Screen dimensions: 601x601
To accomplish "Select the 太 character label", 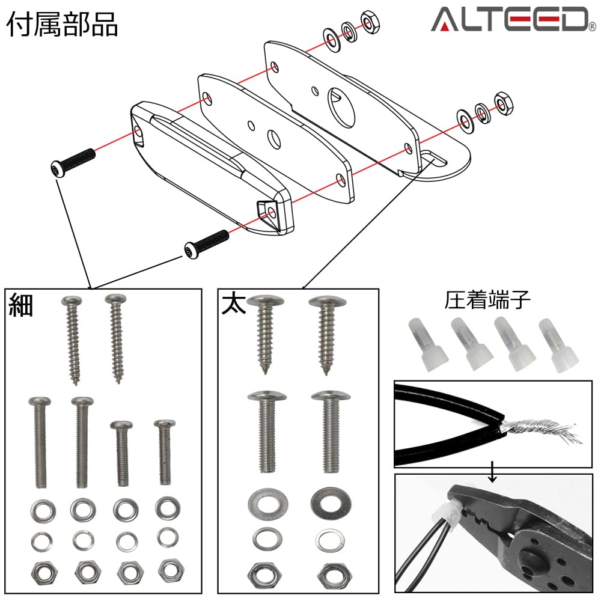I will coord(233,304).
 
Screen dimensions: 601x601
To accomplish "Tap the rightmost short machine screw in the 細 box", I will coord(164,452).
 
